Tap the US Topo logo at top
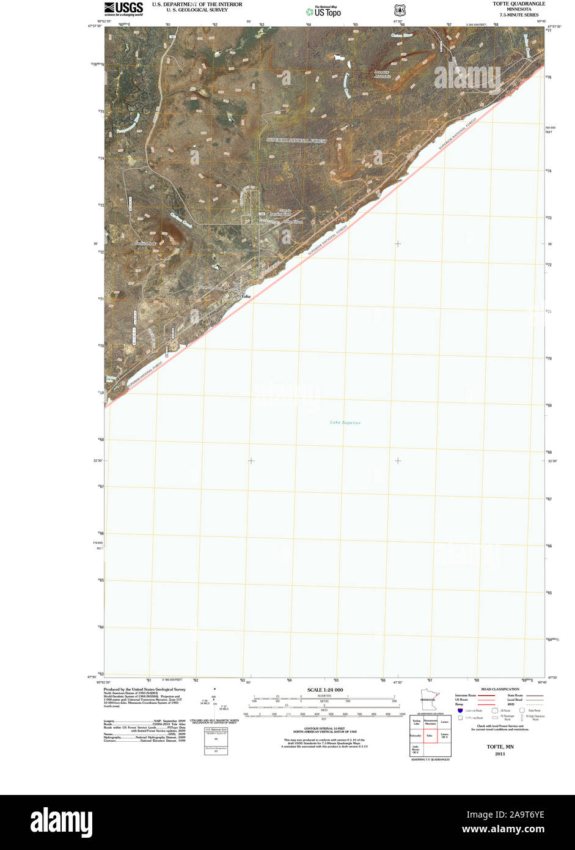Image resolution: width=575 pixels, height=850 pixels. [x=323, y=11]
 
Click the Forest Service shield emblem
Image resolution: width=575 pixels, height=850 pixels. [x=400, y=10]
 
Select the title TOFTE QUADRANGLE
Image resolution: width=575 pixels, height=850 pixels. [x=519, y=4]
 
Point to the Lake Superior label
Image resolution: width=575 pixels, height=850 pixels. [x=345, y=423]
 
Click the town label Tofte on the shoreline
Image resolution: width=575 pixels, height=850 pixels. [x=246, y=297]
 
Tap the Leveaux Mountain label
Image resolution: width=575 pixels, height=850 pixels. [x=383, y=74]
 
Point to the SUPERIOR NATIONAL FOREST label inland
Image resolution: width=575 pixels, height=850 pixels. [x=296, y=141]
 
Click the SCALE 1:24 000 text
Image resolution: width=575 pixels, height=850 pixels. [x=324, y=690]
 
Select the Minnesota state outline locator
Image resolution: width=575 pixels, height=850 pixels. [x=427, y=699]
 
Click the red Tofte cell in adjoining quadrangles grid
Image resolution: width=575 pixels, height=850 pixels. [x=430, y=735]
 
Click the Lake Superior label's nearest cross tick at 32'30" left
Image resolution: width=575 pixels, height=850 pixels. [x=251, y=460]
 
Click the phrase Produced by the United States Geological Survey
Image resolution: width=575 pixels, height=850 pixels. [x=145, y=689]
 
